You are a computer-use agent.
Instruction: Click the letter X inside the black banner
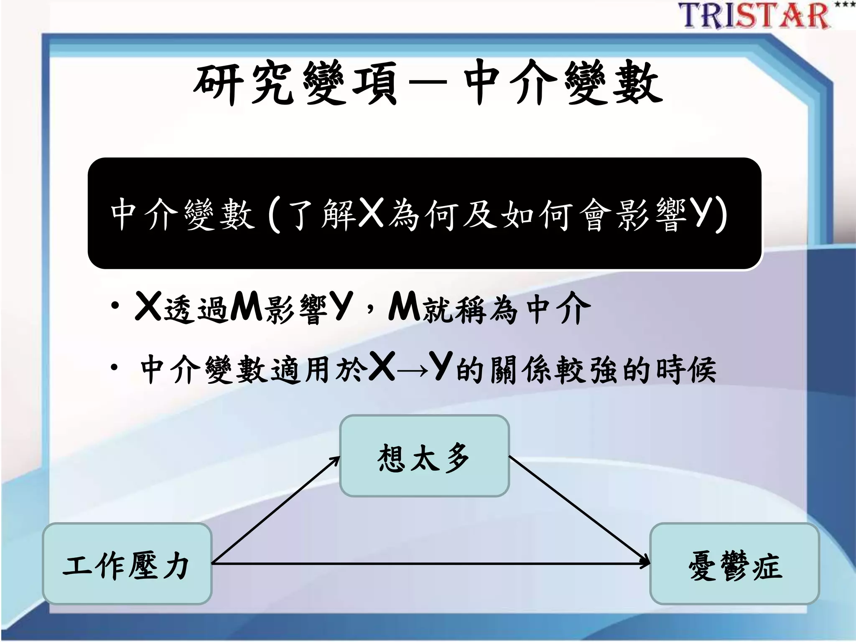click(371, 213)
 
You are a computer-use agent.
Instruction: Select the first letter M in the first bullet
click(246, 307)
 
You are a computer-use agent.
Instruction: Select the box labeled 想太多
click(424, 456)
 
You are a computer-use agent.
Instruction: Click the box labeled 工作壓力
click(127, 564)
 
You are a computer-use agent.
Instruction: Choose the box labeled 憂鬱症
click(734, 564)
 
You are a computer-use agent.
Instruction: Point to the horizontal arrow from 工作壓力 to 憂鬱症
click(431, 564)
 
